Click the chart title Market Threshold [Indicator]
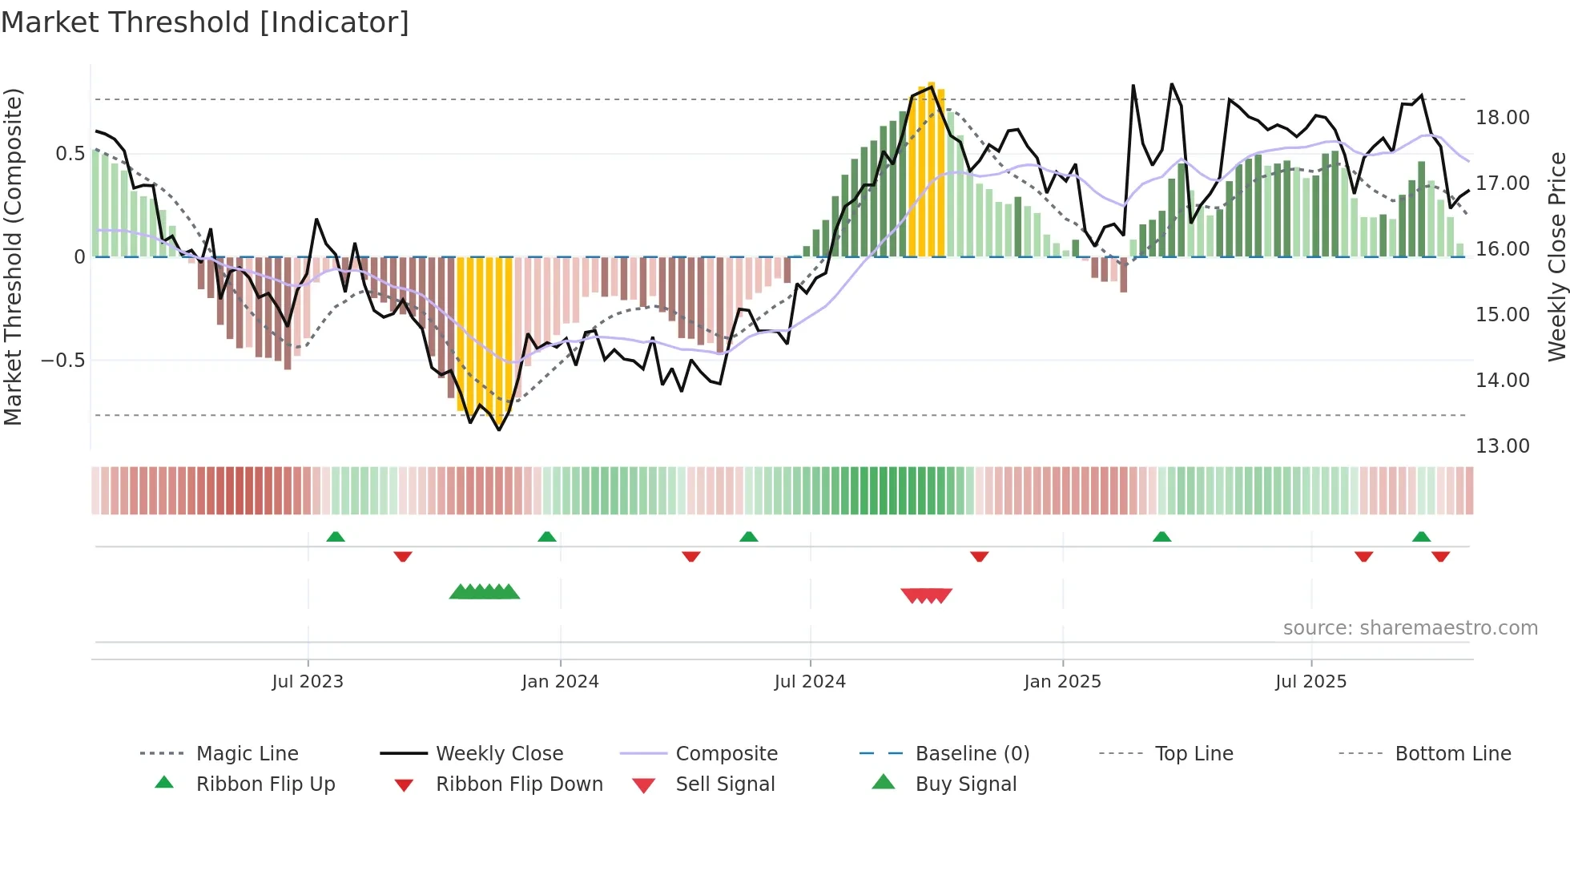click(x=205, y=22)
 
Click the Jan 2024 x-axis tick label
click(x=560, y=682)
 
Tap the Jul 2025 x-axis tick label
click(x=1310, y=682)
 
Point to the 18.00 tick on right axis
click(x=1502, y=118)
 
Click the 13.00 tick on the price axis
click(x=1502, y=446)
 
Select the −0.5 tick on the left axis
click(x=62, y=361)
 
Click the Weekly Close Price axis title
click(x=1556, y=256)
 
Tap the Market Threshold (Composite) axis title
click(x=13, y=256)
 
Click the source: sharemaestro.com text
click(x=1410, y=628)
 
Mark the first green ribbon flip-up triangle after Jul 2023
click(x=336, y=537)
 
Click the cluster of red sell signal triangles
click(x=926, y=595)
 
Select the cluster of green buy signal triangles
click(x=484, y=592)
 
